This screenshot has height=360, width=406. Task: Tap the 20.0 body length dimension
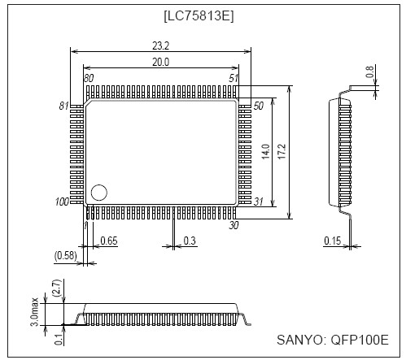(160, 63)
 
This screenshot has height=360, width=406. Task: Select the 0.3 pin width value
(190, 241)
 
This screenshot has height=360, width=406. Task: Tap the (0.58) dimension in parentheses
(66, 256)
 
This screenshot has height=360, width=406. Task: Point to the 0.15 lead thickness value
(330, 241)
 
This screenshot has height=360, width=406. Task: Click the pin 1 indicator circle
(99, 193)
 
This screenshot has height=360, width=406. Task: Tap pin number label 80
(88, 78)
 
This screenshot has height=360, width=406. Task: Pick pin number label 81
(64, 106)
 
